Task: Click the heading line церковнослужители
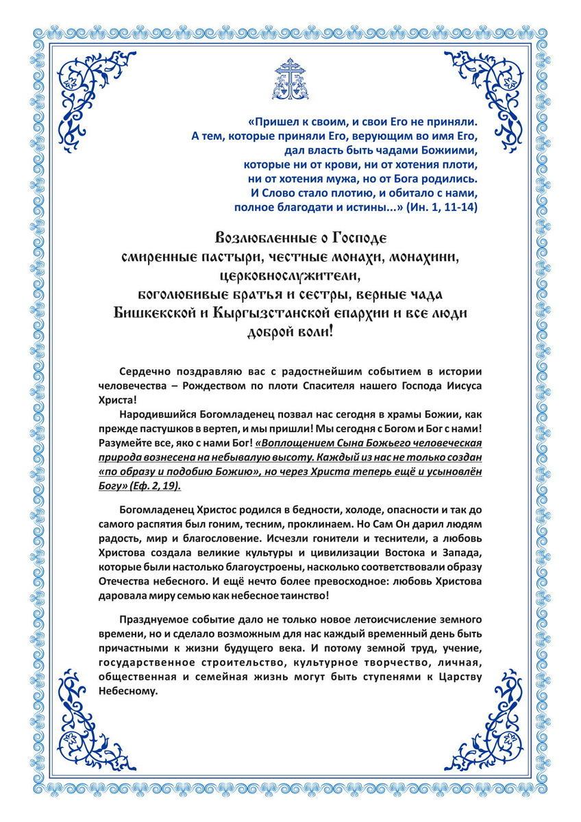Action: [290, 276]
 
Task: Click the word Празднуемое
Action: [151, 619]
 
